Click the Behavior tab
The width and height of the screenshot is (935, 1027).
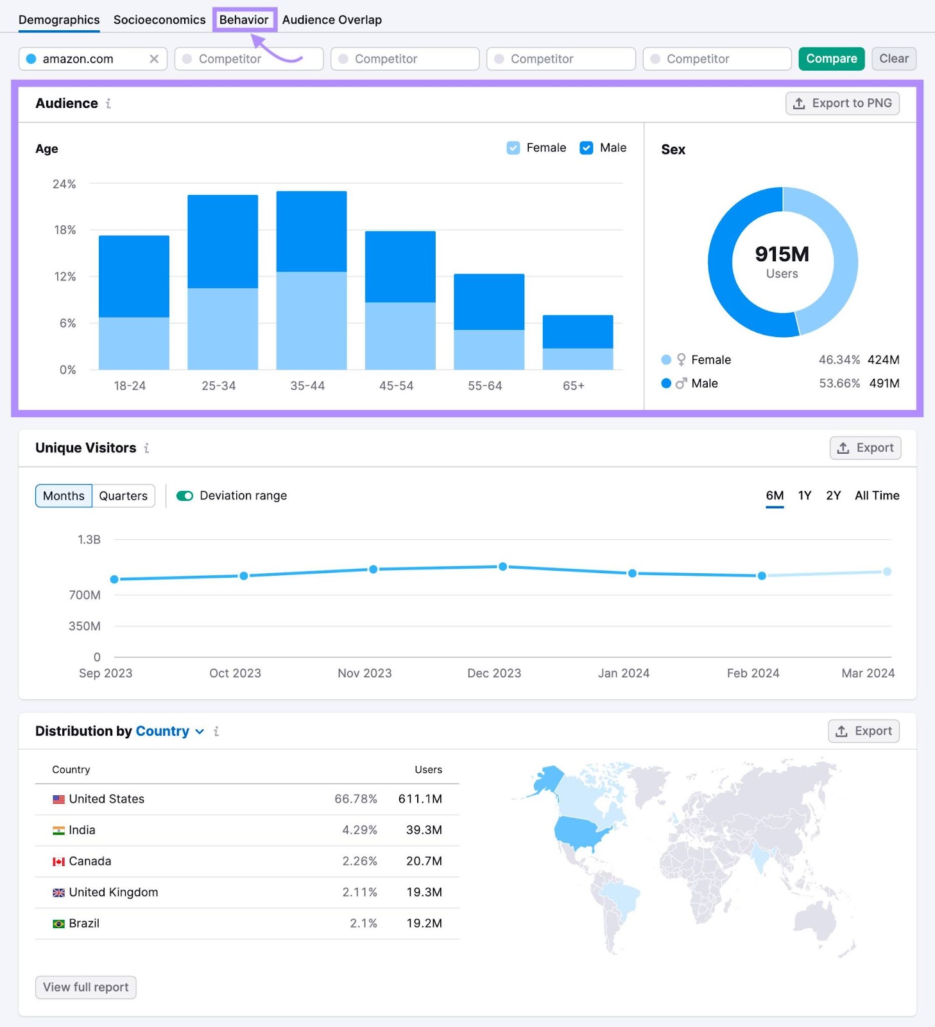[244, 20]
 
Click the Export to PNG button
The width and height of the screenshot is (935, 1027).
[842, 103]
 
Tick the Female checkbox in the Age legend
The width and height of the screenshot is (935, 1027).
[513, 148]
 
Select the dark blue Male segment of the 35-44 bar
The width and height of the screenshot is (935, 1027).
[311, 231]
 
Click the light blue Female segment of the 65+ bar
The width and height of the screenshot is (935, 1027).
[578, 359]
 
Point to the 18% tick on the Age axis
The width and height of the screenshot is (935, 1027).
[65, 230]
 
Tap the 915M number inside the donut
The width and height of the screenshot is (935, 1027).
[782, 254]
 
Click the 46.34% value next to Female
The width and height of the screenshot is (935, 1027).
[839, 360]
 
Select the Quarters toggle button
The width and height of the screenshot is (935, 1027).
[123, 496]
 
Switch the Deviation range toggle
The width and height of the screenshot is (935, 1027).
[185, 496]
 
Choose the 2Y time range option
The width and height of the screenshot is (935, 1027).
[833, 496]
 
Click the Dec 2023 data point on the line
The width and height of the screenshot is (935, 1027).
[502, 567]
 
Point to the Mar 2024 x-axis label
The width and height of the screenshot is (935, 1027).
[868, 673]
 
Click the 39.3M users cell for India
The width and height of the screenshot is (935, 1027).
[424, 830]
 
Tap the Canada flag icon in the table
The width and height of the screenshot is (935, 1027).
[58, 861]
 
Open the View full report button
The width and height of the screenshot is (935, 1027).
[85, 987]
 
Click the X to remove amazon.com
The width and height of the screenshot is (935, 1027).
[154, 59]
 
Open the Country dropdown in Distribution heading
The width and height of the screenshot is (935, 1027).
[169, 732]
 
